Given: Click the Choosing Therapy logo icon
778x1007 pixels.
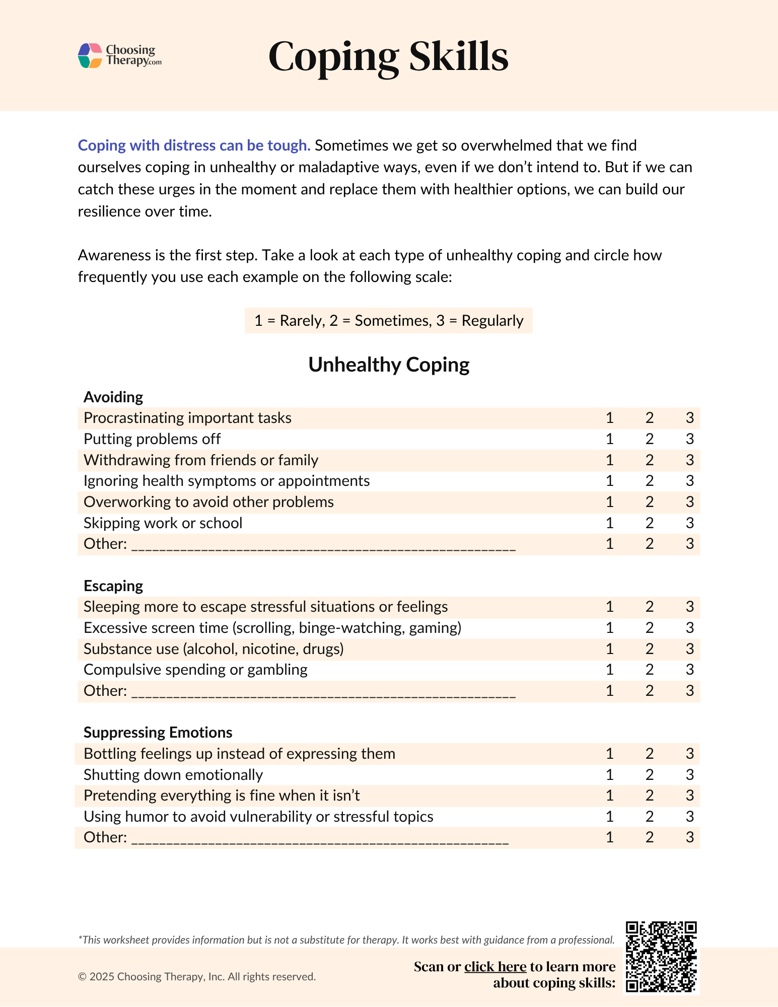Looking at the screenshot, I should point(90,55).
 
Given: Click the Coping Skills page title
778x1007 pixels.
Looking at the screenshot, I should point(388,56).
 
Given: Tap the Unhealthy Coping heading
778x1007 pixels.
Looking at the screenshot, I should point(388,365).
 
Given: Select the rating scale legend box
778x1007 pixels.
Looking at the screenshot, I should point(388,321).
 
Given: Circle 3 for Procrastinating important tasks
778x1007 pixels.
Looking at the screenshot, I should point(689,418).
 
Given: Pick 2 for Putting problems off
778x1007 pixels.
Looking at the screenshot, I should point(649,439).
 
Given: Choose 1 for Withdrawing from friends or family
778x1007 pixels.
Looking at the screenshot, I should point(609,460).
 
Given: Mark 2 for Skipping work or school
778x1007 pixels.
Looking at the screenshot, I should point(649,523).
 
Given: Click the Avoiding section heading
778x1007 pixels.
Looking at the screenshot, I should point(113,397).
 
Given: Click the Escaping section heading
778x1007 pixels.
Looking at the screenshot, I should point(113,586).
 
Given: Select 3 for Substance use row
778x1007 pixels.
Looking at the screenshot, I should point(689,649).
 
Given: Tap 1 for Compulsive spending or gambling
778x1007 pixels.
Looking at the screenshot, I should point(609,670).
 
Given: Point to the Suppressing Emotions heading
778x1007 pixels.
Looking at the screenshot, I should point(158,733).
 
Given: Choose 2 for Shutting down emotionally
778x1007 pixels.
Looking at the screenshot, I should point(649,775).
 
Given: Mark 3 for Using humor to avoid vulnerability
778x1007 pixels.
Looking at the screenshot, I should point(689,817).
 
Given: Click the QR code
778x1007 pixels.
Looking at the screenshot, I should point(661,957).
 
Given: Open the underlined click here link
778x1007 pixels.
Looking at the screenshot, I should point(495,967).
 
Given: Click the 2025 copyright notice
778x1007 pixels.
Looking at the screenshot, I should point(197,977).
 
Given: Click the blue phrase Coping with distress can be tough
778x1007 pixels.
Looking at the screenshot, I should point(194,146).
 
